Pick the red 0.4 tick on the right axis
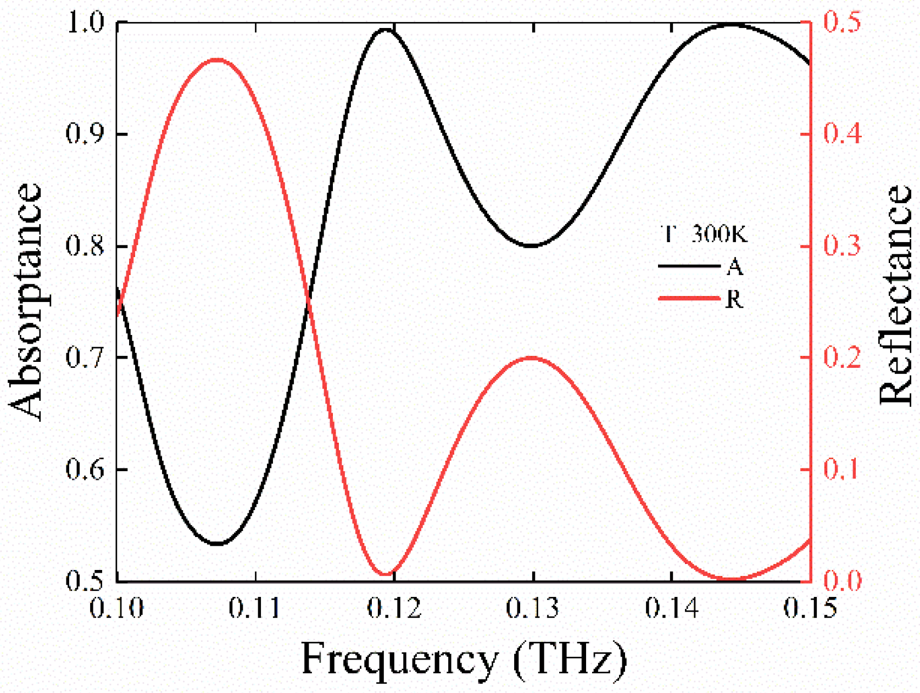pyautogui.click(x=842, y=133)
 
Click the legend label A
pyautogui.click(x=734, y=267)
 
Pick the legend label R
pyautogui.click(x=734, y=300)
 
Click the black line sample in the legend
pyautogui.click(x=689, y=266)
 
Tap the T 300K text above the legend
pyautogui.click(x=704, y=234)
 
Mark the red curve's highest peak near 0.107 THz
pyautogui.click(x=218, y=59)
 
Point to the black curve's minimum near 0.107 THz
pyautogui.click(x=218, y=544)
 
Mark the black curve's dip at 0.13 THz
pyautogui.click(x=531, y=245)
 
